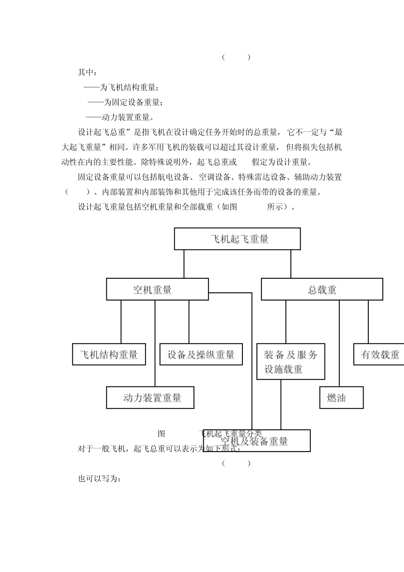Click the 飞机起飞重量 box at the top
(x=237, y=239)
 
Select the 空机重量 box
(x=157, y=289)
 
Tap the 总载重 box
(x=321, y=289)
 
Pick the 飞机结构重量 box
(x=109, y=354)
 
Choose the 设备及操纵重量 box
(x=201, y=354)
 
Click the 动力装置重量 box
(x=150, y=398)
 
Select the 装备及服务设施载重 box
(x=290, y=361)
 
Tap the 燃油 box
(x=341, y=398)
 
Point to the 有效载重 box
(x=379, y=354)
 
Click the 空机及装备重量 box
(x=257, y=441)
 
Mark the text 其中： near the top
(x=87, y=72)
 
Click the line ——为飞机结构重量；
(x=121, y=88)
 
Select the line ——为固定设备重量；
(x=125, y=103)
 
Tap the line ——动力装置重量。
(x=120, y=117)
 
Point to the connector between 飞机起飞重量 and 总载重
(x=291, y=264)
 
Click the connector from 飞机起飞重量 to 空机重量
(x=184, y=264)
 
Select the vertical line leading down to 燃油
(x=339, y=343)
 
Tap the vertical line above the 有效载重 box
(x=368, y=322)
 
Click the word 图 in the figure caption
(x=161, y=434)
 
